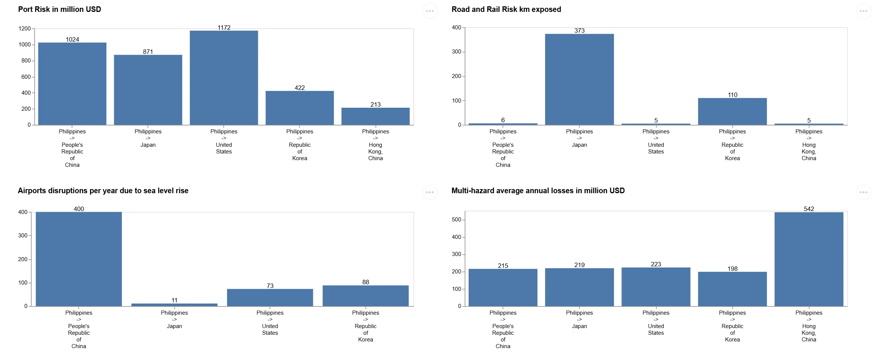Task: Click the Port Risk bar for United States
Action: click(x=224, y=78)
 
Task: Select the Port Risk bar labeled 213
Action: click(x=375, y=116)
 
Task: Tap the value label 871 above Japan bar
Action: click(x=148, y=52)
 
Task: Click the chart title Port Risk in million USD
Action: click(x=59, y=9)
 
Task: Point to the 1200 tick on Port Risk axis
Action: click(x=25, y=29)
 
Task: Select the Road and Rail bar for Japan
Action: click(x=579, y=80)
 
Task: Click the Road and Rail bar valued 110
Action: click(x=732, y=111)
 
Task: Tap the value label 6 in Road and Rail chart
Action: click(x=503, y=120)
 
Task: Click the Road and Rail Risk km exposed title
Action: click(x=506, y=9)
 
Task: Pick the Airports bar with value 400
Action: click(x=79, y=259)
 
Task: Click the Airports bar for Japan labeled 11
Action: click(x=174, y=305)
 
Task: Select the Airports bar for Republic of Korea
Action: click(x=365, y=296)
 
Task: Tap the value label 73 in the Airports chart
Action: click(x=270, y=286)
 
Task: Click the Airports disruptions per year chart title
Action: click(x=103, y=191)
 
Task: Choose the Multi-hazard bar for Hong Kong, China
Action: click(x=809, y=259)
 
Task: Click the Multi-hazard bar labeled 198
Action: click(x=732, y=289)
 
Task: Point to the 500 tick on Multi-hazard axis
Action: click(x=456, y=220)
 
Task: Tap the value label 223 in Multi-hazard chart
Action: click(x=656, y=264)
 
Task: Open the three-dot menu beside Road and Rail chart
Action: click(x=863, y=11)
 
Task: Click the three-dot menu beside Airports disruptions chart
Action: click(x=430, y=192)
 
